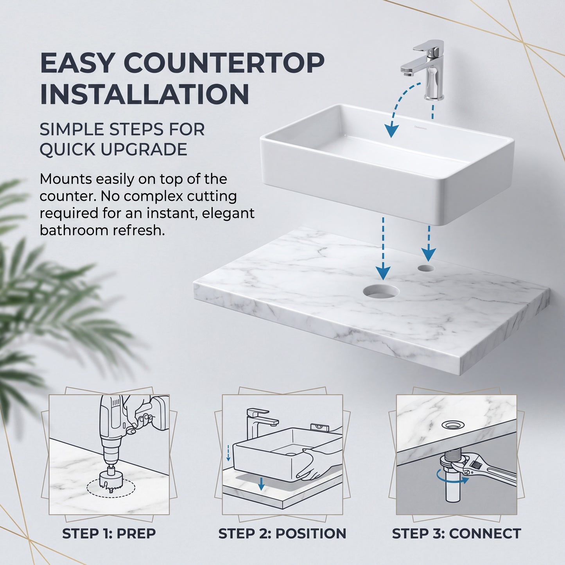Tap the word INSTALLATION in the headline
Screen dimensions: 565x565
point(144,95)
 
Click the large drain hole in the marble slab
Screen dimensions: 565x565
point(381,292)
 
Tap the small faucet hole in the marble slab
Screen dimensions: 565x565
point(426,268)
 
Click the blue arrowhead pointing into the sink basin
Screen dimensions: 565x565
point(391,131)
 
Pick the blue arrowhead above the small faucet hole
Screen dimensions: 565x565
point(429,255)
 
